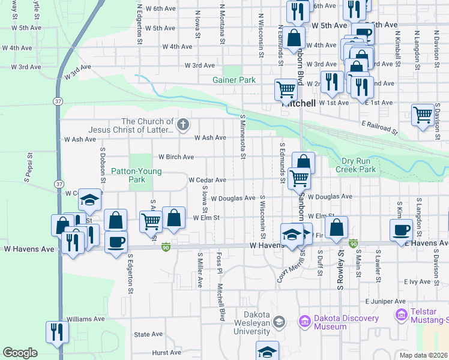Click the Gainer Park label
[234, 80]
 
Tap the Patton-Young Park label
[128, 175]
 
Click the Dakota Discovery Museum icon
[304, 322]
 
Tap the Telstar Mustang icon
[400, 314]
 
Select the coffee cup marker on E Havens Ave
[401, 229]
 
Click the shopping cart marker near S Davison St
[423, 113]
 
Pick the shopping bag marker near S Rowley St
[337, 227]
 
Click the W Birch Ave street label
[176, 157]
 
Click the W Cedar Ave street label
[207, 180]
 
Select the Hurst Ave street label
[167, 353]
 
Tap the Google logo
[20, 352]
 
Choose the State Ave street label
[148, 334]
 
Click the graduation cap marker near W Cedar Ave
[89, 200]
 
